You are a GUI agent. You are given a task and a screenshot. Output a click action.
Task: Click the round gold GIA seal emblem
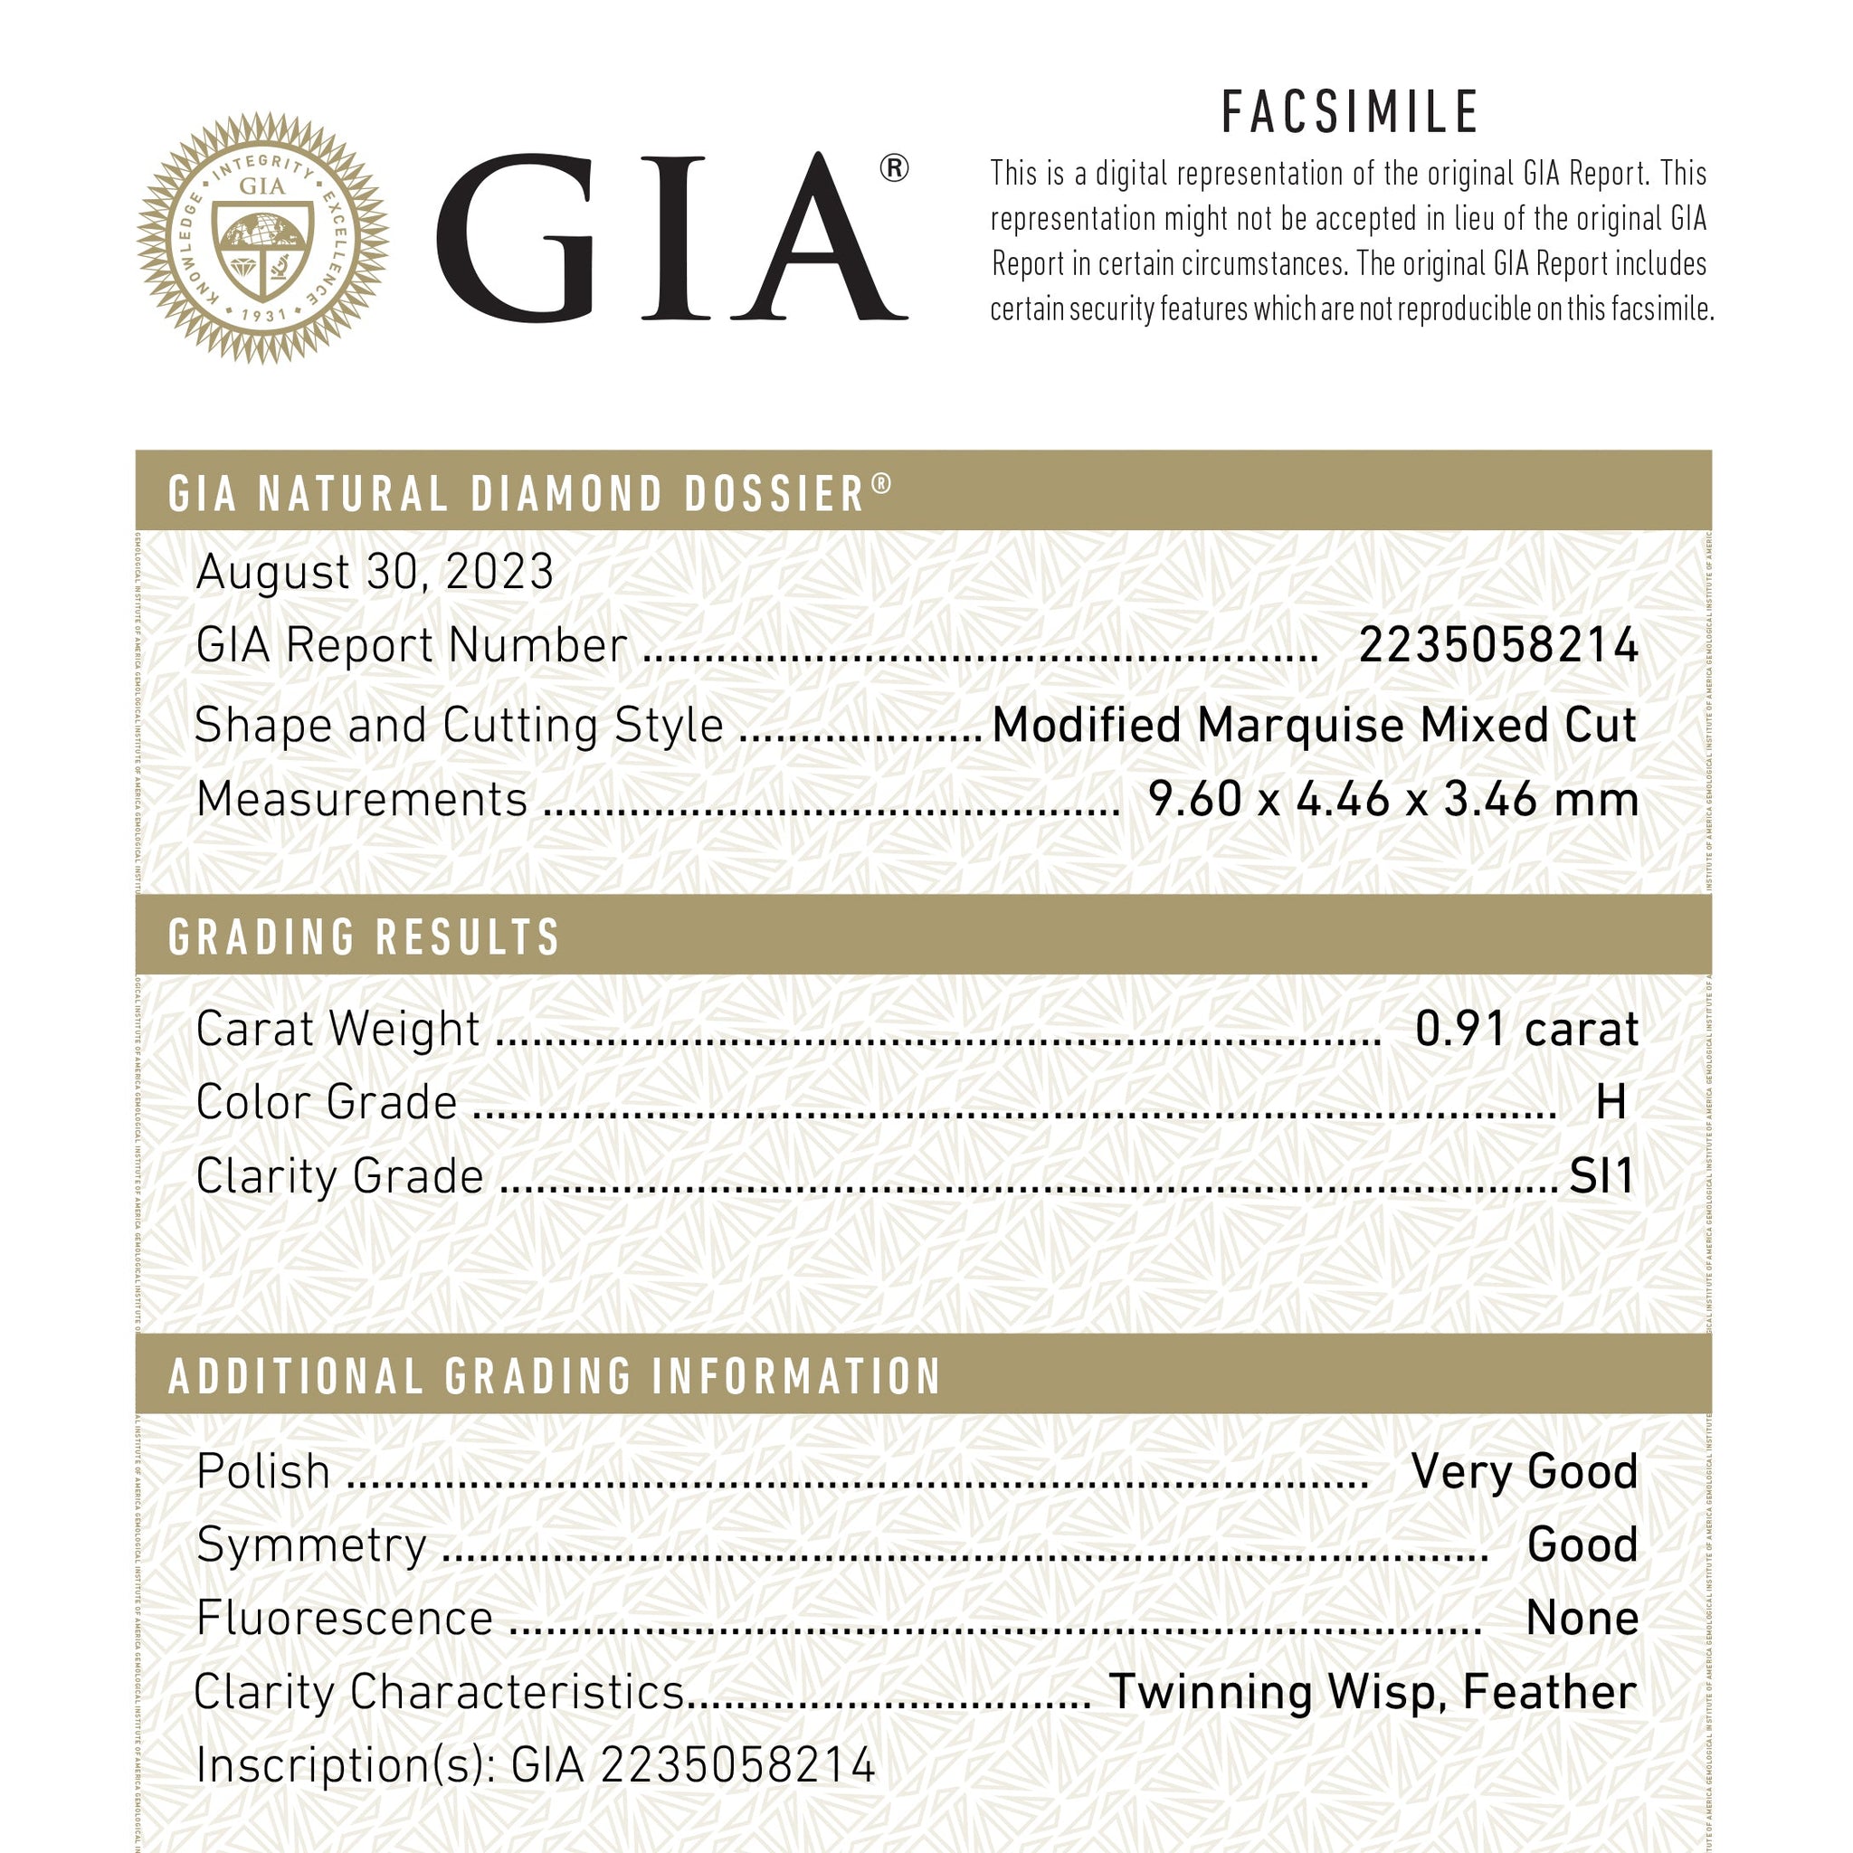[261, 238]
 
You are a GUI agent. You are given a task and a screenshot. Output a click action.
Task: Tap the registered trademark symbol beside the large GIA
[893, 169]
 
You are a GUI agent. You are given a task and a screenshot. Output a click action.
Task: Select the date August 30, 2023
[375, 573]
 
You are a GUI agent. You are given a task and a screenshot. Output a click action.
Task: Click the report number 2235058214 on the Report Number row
[1498, 645]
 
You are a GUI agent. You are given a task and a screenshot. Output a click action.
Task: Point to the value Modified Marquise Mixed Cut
[1314, 724]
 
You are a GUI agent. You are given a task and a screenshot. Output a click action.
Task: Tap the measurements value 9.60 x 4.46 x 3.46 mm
[1392, 799]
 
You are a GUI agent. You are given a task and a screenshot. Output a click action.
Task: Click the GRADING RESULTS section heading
[364, 937]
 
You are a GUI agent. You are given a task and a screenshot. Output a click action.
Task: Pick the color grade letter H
[1611, 1103]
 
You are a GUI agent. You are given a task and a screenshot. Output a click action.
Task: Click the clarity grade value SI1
[1601, 1177]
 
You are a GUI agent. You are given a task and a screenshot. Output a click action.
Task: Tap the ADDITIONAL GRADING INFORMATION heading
[556, 1376]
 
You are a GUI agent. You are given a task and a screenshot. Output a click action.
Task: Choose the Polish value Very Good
[1524, 1471]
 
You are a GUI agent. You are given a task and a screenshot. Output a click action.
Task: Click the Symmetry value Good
[1582, 1545]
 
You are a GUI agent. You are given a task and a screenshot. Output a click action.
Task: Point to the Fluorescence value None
[1582, 1618]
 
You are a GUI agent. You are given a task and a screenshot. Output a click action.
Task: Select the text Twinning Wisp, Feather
[1373, 1692]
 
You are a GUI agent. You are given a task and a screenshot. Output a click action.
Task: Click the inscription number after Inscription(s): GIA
[739, 1764]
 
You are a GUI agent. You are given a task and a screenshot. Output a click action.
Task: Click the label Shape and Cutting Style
[459, 725]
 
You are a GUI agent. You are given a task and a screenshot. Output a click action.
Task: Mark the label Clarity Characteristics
[439, 1692]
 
